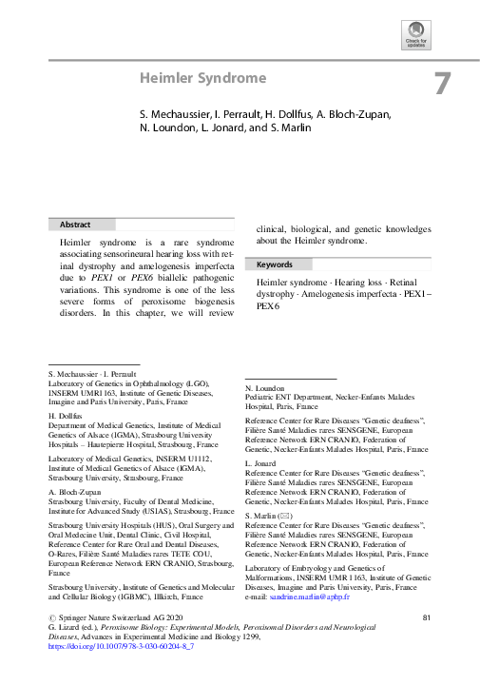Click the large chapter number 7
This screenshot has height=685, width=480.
pyautogui.click(x=443, y=84)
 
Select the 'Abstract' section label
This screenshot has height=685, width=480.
pyautogui.click(x=76, y=225)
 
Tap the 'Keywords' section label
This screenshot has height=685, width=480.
pyautogui.click(x=275, y=264)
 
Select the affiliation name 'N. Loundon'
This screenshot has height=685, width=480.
pyautogui.click(x=266, y=390)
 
